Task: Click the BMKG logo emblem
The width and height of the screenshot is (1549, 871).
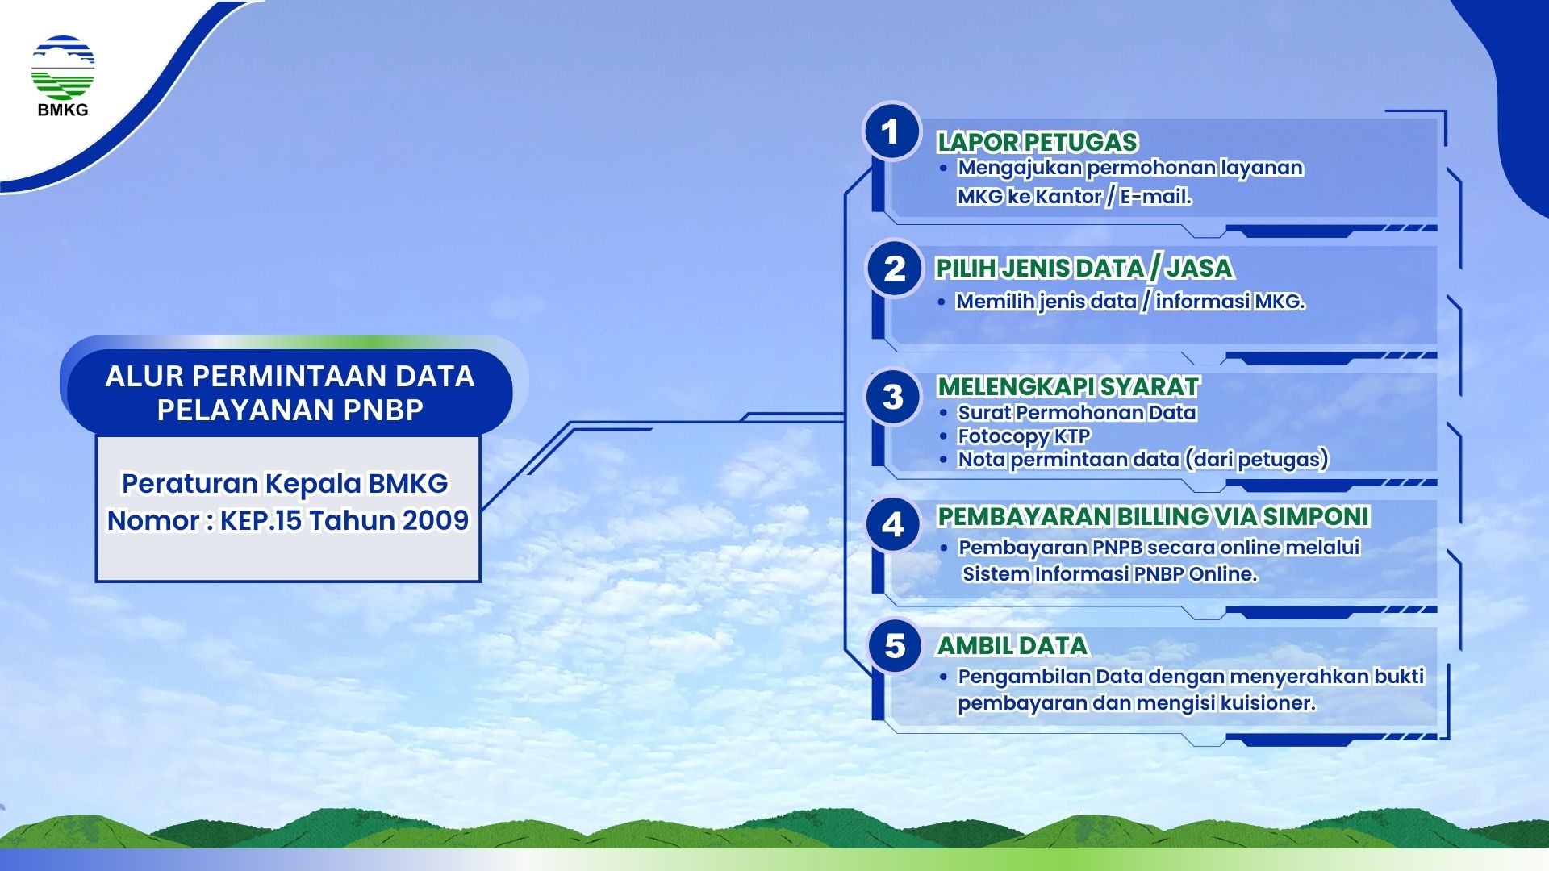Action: point(63,68)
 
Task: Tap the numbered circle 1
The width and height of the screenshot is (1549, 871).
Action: point(891,131)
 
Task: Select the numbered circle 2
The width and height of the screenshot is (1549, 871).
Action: point(894,269)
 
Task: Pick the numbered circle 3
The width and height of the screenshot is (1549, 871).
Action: point(892,397)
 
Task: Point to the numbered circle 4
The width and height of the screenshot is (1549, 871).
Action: point(892,525)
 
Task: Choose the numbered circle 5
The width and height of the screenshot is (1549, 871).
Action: point(895,646)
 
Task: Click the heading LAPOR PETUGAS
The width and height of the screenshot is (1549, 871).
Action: point(1037,142)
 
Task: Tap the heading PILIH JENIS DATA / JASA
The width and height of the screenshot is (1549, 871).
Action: point(1084,268)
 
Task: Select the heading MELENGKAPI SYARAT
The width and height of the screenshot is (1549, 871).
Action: point(1068,386)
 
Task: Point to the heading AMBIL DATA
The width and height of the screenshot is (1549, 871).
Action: point(1012,645)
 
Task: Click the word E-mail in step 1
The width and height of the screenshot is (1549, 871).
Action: point(1155,196)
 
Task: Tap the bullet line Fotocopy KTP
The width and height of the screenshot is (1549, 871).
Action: point(1024,436)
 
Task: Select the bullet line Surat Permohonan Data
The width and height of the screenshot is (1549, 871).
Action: point(1077,412)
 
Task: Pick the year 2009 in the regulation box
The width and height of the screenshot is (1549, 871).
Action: point(436,520)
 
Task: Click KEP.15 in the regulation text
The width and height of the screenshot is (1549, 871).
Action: point(261,520)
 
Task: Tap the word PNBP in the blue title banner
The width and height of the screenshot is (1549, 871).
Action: point(382,410)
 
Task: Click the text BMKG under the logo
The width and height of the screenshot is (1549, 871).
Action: point(63,110)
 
